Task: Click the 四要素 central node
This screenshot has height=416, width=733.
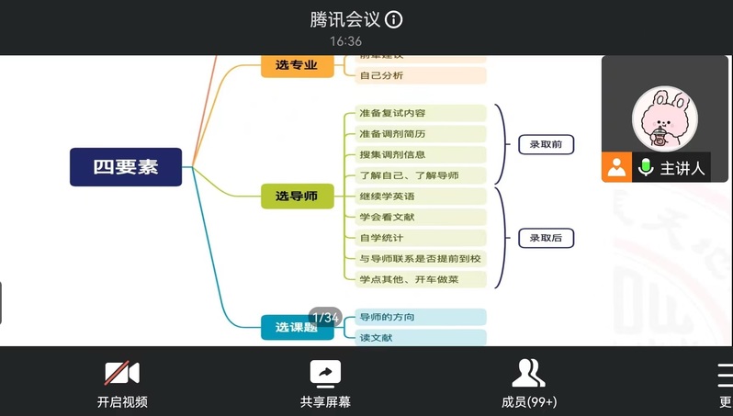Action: coord(126,167)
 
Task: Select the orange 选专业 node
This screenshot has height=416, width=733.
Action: coord(297,65)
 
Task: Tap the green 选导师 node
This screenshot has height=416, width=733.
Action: coord(297,196)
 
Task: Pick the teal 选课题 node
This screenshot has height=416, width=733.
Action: coord(297,327)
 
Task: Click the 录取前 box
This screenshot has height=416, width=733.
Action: coord(546,144)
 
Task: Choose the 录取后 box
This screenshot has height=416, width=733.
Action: coord(546,238)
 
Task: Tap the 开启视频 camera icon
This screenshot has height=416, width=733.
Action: coord(121,373)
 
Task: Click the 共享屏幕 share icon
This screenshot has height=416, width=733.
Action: coord(325,373)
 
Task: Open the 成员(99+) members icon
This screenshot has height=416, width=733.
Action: coord(528,373)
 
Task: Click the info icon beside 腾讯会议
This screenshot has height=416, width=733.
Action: coord(393,19)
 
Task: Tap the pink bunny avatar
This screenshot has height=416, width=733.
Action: coord(664,118)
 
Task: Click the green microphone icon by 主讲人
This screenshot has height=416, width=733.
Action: coord(646,167)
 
